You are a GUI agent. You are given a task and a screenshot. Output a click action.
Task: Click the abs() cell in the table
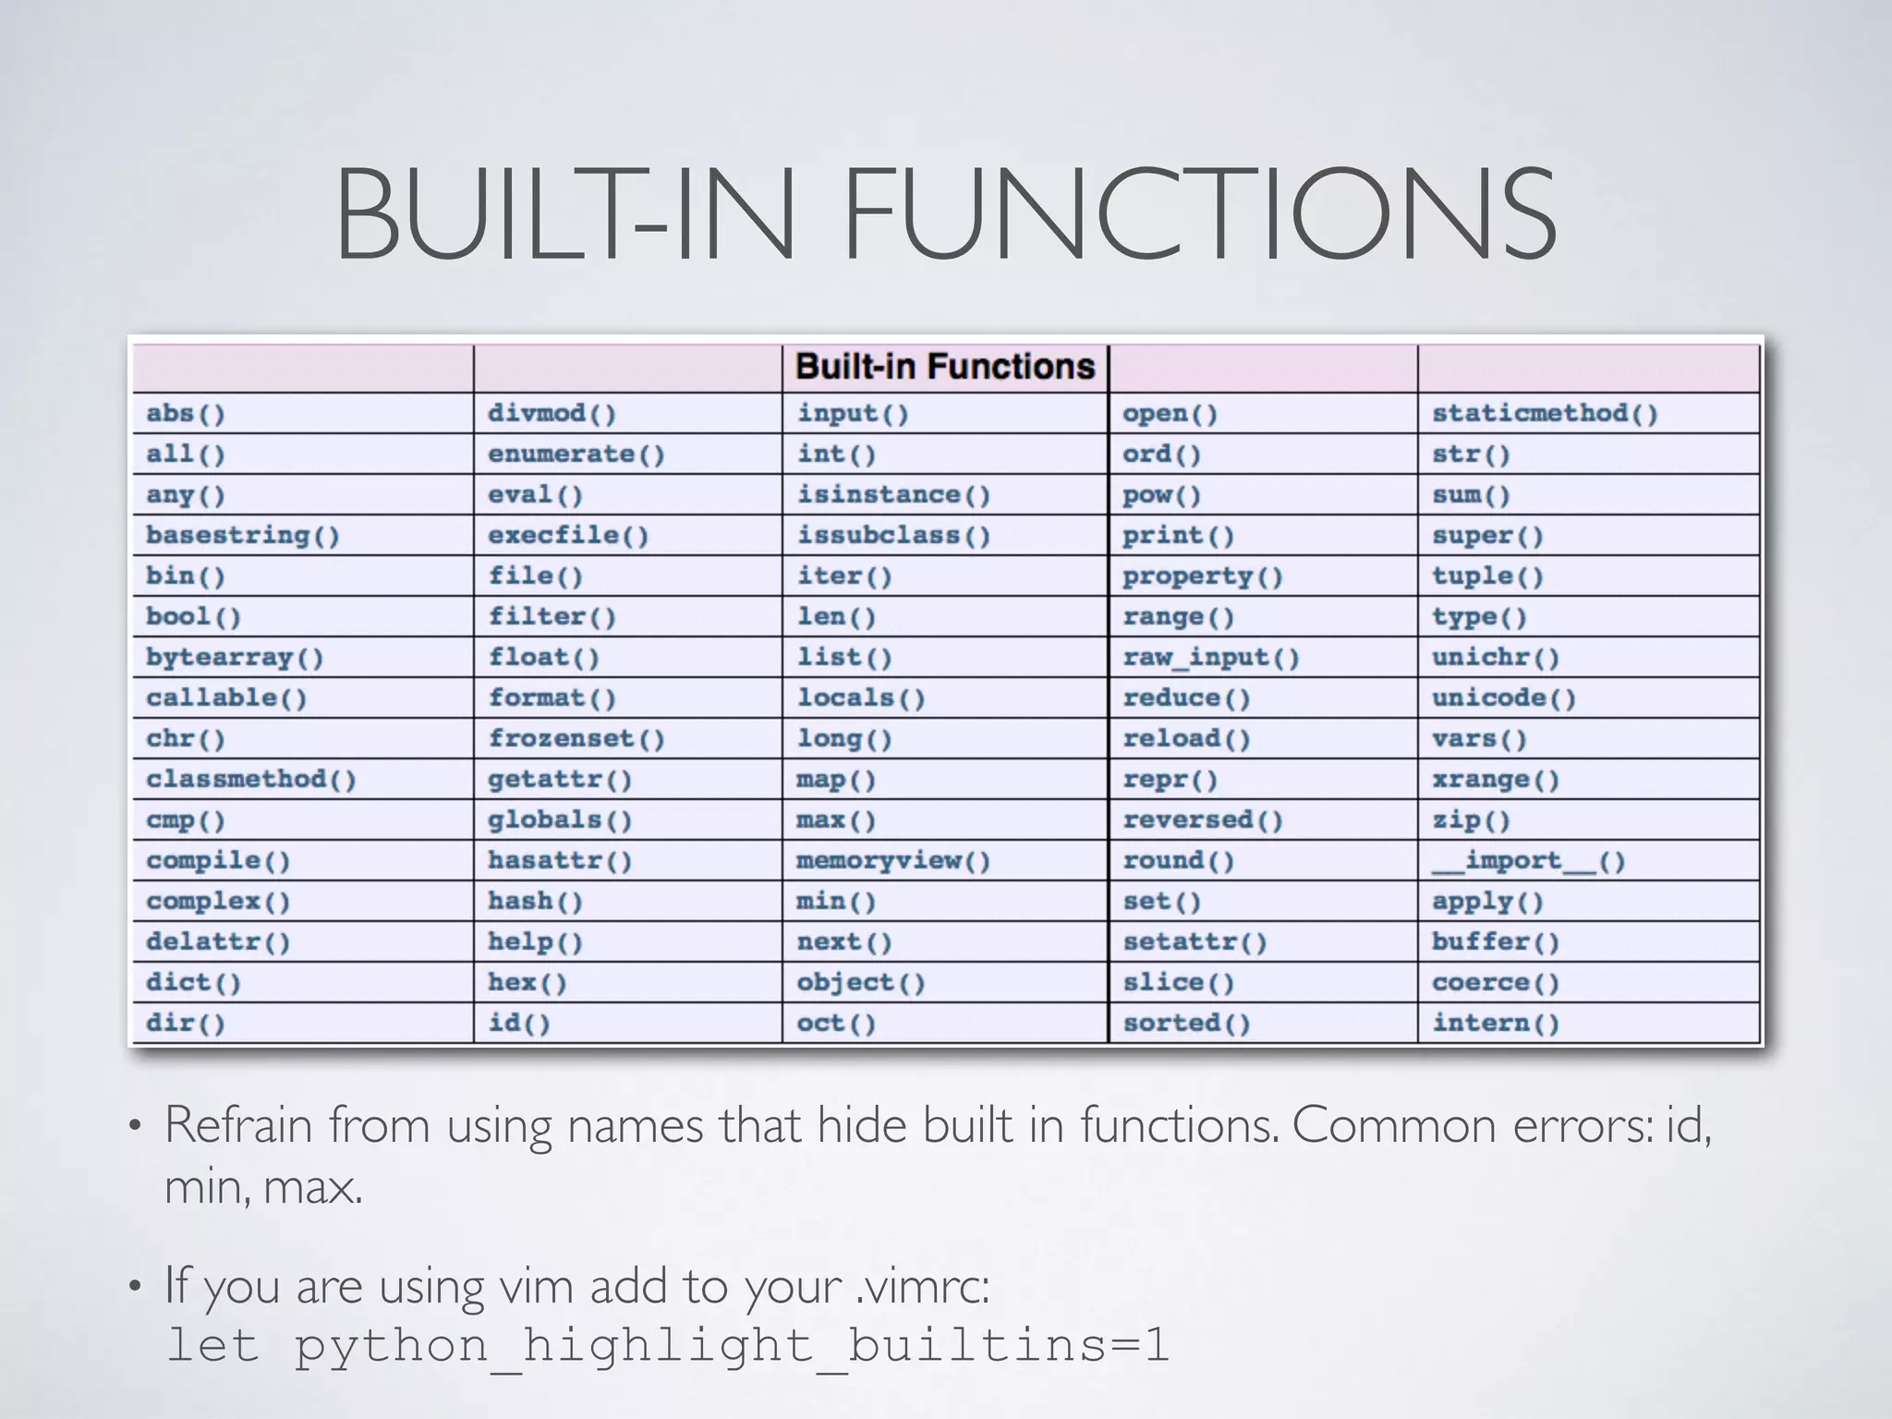tap(186, 413)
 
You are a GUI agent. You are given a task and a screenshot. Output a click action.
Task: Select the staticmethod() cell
tap(1545, 413)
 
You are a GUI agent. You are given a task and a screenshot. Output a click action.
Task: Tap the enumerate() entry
tap(576, 454)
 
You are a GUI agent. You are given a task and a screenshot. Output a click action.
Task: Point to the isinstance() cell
tap(893, 494)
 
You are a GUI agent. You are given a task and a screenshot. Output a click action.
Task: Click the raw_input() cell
tap(1210, 657)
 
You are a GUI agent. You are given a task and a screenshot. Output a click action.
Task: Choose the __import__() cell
tap(1528, 861)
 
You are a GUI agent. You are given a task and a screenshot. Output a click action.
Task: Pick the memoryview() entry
tap(893, 861)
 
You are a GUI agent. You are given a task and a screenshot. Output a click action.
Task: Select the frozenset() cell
tap(576, 738)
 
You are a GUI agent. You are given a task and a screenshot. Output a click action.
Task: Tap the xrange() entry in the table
tap(1496, 779)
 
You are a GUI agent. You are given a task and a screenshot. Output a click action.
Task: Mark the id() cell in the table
tap(518, 1023)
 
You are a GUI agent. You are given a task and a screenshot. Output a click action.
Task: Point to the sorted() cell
tap(1186, 1023)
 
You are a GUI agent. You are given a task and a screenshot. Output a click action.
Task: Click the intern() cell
tap(1496, 1023)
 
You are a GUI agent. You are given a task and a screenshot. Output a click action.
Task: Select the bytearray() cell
tap(235, 657)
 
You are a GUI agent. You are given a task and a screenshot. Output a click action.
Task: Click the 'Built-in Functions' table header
tap(944, 367)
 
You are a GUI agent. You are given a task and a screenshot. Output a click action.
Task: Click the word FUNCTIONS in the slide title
tap(1199, 214)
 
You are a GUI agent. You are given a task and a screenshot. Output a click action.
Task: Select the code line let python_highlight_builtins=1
tap(667, 1345)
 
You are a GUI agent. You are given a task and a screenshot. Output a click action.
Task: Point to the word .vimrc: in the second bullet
tap(922, 1285)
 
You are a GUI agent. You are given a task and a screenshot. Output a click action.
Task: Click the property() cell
tap(1202, 576)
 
